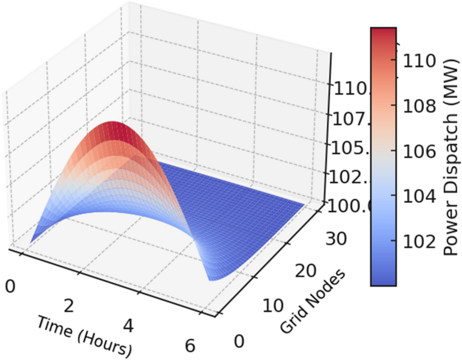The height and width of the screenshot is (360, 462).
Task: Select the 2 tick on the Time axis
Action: [69, 306]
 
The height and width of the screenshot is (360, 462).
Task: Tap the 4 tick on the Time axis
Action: [128, 326]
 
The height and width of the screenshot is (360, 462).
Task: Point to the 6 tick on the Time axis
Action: [189, 346]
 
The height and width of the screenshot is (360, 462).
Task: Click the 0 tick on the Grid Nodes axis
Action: [238, 341]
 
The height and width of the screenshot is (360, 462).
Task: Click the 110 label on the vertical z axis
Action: [350, 90]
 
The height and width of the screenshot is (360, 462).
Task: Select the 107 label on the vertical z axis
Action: [350, 119]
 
